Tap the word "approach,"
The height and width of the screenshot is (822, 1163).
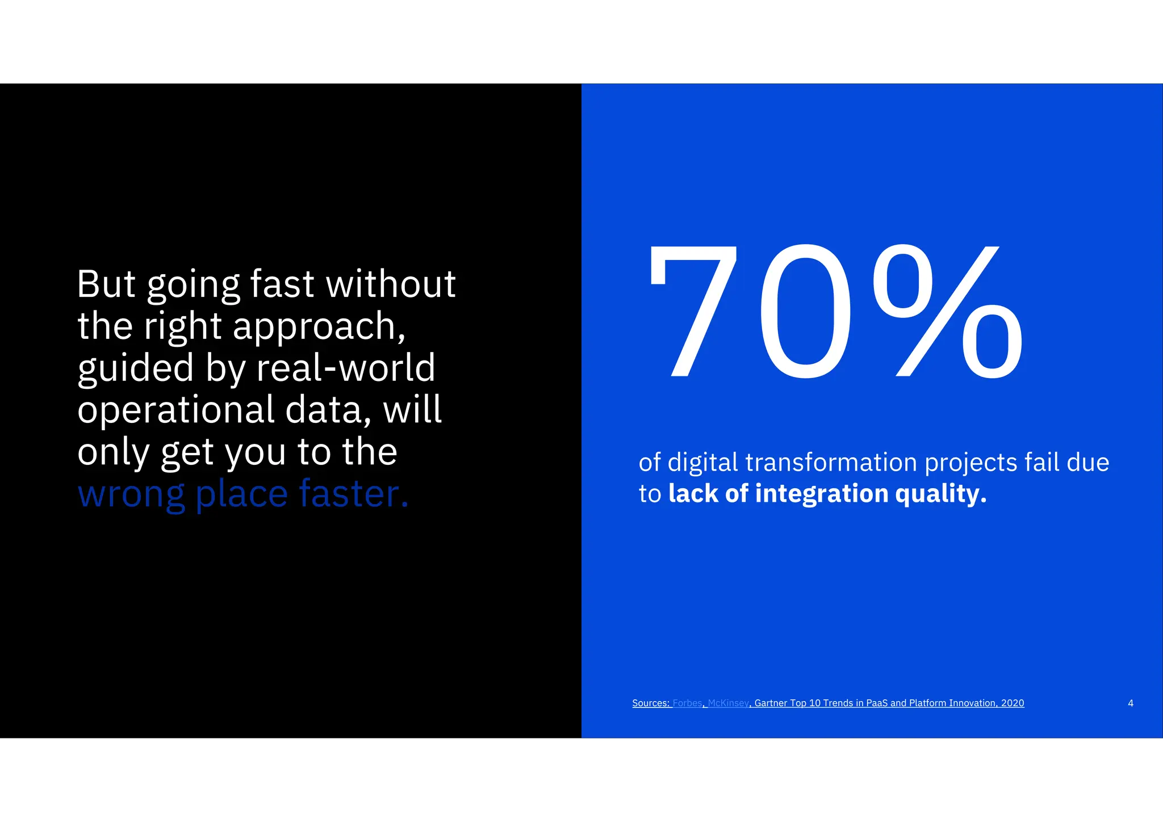[319, 327]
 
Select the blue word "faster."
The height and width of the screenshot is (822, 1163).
[353, 494]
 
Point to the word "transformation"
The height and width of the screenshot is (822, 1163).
[831, 463]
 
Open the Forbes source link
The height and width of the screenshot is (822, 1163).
[687, 703]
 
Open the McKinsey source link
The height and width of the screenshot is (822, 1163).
[728, 703]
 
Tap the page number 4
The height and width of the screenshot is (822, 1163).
[1130, 703]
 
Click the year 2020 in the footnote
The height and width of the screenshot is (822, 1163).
[1013, 703]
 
